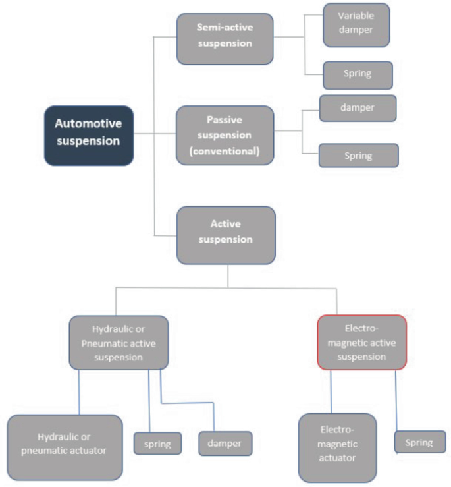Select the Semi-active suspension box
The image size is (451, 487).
tap(225, 39)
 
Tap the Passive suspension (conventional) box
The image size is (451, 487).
tap(225, 135)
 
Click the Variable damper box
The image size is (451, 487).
tap(356, 24)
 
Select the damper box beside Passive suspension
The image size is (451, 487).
tap(358, 108)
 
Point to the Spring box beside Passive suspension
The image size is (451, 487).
tap(358, 156)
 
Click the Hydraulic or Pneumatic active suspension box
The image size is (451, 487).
tap(119, 341)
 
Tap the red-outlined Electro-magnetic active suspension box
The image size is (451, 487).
tap(361, 341)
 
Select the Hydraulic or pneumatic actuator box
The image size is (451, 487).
tap(65, 447)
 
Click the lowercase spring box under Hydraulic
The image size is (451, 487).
tap(157, 444)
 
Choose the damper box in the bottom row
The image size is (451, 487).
tap(225, 444)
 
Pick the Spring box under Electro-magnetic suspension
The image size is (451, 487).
tap(419, 442)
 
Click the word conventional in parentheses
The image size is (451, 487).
tap(225, 151)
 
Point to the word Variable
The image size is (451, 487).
tap(356, 15)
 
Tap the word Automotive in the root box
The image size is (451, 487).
tap(88, 123)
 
